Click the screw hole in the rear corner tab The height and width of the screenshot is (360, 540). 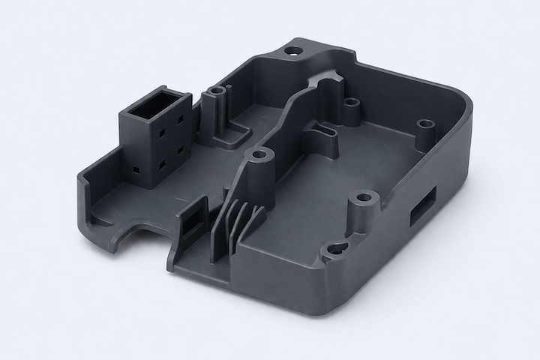coord(293,51)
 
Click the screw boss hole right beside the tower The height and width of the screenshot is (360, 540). coord(217,92)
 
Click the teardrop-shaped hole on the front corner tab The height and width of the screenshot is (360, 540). coord(334,252)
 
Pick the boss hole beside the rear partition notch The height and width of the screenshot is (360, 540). coord(351,101)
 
